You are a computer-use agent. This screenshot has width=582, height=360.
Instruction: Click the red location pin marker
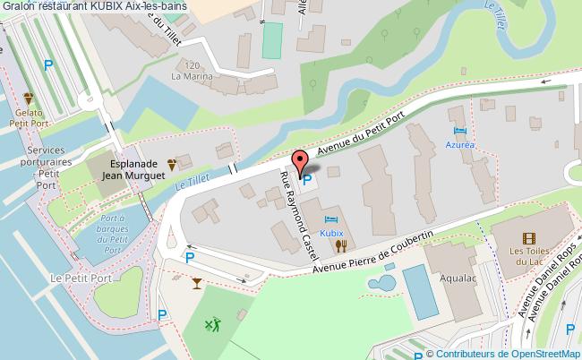pos(301,162)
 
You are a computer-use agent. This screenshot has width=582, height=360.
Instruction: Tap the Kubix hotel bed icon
pos(332,219)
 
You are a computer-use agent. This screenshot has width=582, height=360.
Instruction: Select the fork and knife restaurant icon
pos(340,245)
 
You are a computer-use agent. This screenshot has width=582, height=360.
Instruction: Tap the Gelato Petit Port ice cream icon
pos(29,99)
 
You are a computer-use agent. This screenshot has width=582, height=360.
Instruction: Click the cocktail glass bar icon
pos(197,283)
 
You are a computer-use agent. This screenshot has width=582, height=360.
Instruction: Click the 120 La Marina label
pos(189,72)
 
